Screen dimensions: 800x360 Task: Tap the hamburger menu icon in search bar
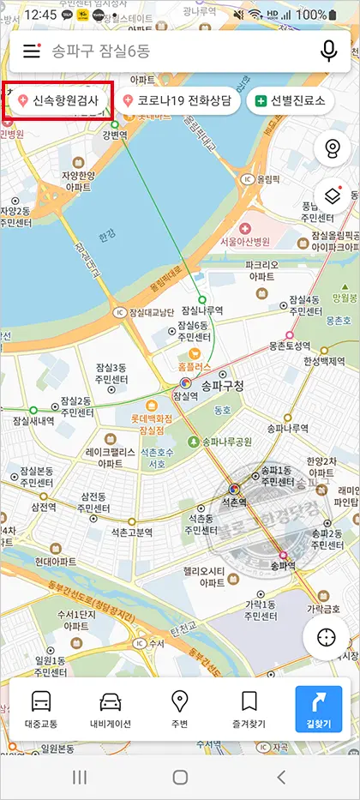(32, 51)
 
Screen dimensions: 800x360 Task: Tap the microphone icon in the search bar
(328, 51)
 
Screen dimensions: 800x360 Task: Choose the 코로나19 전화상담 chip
(177, 100)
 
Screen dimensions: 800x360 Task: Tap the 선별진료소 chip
(290, 100)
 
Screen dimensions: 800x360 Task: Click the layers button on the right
(332, 196)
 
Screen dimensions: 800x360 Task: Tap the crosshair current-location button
(326, 638)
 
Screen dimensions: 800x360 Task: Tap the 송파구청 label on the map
(222, 387)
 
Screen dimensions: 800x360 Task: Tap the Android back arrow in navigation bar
(280, 777)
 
